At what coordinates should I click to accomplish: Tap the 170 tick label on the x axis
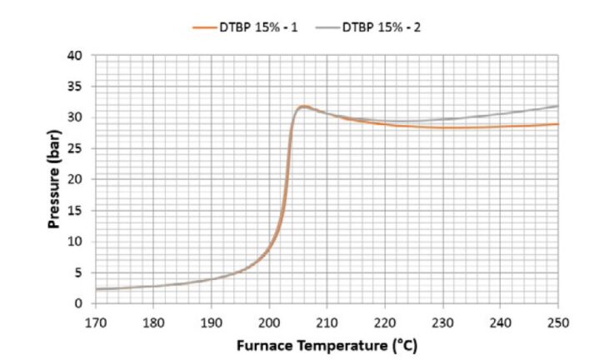point(96,321)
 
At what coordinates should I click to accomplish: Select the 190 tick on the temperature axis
point(212,321)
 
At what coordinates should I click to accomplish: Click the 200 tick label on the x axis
point(269,321)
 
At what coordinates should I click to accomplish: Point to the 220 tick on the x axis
point(385,321)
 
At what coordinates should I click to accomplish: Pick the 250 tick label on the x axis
point(557,321)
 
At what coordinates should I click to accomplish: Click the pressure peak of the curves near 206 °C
point(304,107)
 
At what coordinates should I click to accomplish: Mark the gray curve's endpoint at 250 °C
point(557,106)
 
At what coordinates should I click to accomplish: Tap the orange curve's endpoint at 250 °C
point(557,124)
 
